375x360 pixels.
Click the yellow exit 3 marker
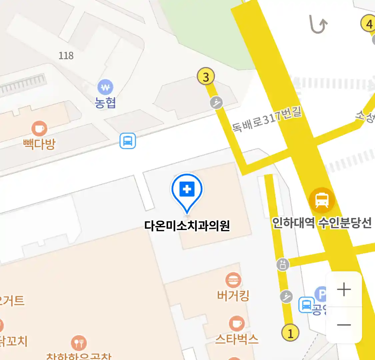[x=206, y=77]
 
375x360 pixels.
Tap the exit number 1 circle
[x=290, y=333]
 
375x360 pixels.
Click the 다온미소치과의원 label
[x=187, y=226]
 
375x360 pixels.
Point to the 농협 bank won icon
[x=105, y=88]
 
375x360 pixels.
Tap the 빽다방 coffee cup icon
[x=39, y=129]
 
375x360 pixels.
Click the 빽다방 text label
[x=39, y=144]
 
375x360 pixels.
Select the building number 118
[x=66, y=55]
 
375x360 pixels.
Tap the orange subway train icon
[x=322, y=200]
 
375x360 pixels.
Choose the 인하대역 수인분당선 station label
[x=322, y=223]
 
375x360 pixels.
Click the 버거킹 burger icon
[x=233, y=280]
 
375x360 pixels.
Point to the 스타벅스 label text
[x=237, y=339]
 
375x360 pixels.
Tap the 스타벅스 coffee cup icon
[x=237, y=323]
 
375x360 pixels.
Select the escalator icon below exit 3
[x=217, y=102]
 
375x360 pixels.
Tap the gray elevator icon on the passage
[x=283, y=264]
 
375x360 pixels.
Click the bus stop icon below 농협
[x=128, y=141]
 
